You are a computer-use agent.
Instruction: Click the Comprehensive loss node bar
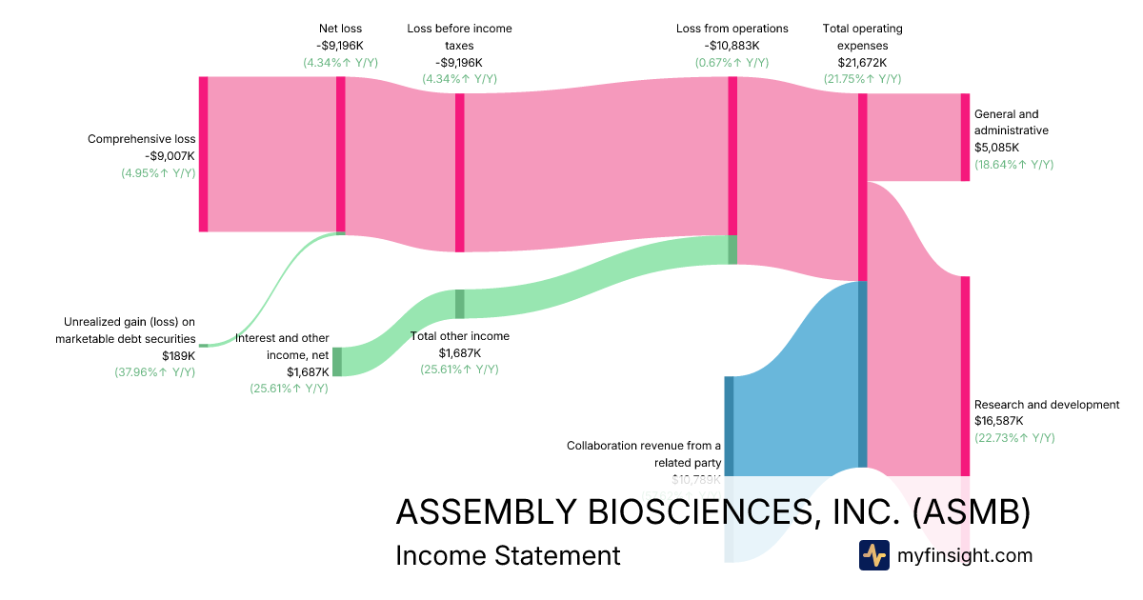[203, 153]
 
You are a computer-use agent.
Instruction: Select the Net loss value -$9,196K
[340, 45]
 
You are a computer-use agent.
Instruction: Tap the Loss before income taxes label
[459, 36]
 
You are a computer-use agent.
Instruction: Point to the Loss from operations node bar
[732, 155]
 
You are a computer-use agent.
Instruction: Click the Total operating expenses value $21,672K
[862, 63]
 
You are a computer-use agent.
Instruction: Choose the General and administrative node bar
[965, 137]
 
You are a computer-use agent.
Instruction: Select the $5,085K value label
[996, 148]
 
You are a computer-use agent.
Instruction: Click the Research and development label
[1047, 405]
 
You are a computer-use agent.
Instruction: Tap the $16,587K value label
[999, 421]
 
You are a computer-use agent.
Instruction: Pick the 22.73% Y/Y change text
[1013, 438]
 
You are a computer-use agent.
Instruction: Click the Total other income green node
[459, 304]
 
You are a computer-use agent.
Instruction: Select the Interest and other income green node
[337, 362]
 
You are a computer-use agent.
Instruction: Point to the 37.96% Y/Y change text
[154, 371]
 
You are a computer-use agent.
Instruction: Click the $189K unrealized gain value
[178, 355]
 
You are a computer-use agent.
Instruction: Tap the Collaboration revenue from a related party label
[644, 453]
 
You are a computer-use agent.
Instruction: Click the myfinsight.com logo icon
[873, 555]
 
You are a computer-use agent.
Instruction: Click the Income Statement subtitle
[508, 555]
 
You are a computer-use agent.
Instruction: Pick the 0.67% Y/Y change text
[732, 62]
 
